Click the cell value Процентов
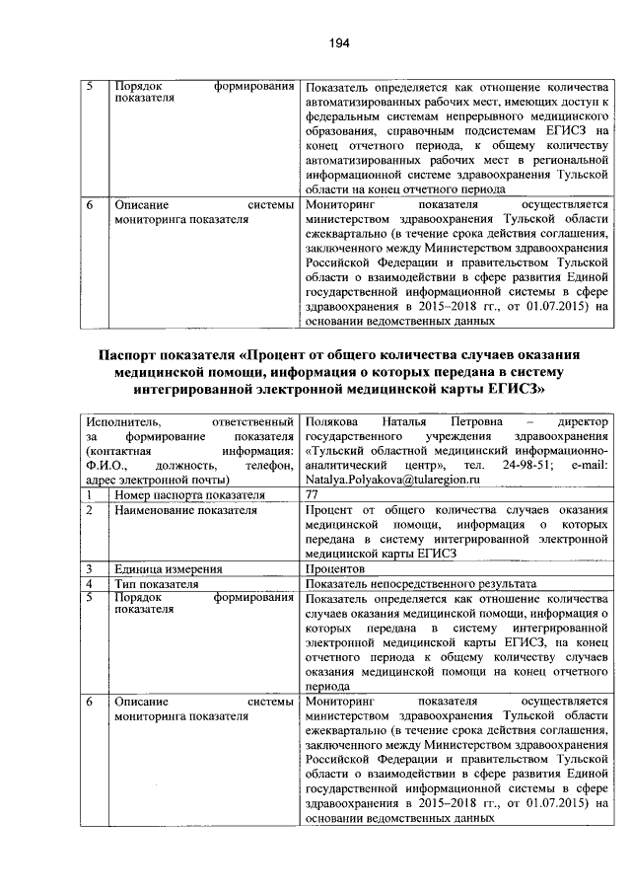coord(336,569)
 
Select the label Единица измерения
coord(168,569)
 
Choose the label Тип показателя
coord(157,584)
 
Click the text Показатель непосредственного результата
coord(421,584)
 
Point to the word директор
coord(585,420)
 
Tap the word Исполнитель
coord(126,420)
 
